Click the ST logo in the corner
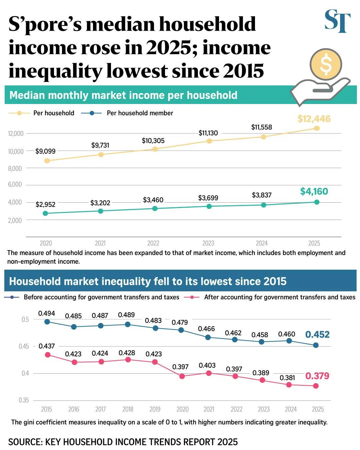337,21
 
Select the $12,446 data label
314,119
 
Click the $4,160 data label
314,191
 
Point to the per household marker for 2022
155,149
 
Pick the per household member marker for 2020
46,213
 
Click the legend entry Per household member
140,113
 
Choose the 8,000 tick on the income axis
15,169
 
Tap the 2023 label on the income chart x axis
208,243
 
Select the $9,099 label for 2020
45,151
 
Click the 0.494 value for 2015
46,313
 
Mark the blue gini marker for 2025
316,345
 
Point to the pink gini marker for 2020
182,376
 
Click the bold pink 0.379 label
317,376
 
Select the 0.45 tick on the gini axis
24,346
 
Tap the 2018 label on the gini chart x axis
128,409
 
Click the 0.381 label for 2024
287,378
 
